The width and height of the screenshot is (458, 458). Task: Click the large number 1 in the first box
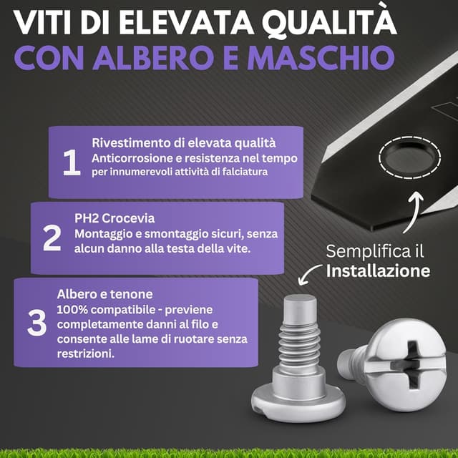coord(72,162)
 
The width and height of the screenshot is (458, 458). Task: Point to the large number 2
coord(52,238)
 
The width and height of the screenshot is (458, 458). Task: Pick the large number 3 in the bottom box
coord(36,323)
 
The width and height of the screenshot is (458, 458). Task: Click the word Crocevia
coord(128,218)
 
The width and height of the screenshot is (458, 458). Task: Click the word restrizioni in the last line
coord(85,354)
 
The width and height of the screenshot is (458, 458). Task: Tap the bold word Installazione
coord(378,271)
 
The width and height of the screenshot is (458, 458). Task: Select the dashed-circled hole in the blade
coord(410,157)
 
